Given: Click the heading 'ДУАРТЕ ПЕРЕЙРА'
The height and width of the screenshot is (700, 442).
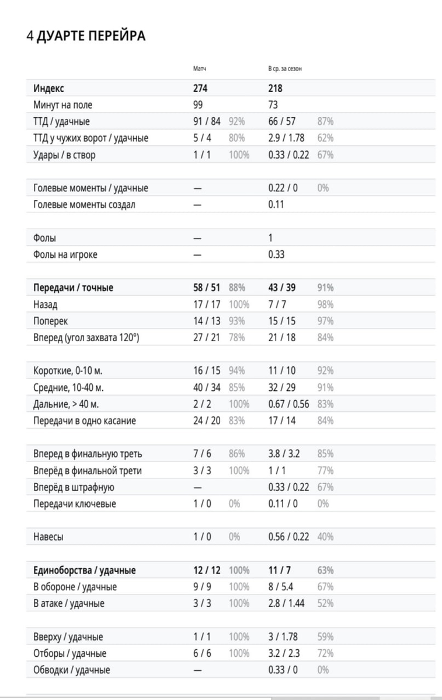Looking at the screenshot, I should (91, 36).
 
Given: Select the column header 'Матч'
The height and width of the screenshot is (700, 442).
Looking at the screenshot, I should (200, 69).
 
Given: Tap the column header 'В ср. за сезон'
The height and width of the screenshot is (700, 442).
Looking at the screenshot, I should (285, 69).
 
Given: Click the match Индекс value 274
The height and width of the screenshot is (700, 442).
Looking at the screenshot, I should (201, 89).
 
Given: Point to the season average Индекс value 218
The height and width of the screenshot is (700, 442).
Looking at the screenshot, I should (275, 89).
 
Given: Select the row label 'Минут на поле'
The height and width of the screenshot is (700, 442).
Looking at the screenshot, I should (63, 105).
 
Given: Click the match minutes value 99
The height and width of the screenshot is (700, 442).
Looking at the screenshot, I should (199, 105).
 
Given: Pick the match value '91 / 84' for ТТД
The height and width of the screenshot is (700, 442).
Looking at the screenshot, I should (207, 122).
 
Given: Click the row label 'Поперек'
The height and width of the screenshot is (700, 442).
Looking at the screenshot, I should (52, 321).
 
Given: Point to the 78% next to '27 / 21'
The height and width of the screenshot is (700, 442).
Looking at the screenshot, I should (237, 337).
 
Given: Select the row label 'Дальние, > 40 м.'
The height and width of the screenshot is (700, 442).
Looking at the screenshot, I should (69, 404).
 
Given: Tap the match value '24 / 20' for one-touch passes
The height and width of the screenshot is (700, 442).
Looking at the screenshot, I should (207, 421).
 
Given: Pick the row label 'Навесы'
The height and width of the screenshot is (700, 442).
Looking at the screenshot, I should (48, 537).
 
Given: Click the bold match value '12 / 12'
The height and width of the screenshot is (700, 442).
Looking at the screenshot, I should (207, 570).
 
